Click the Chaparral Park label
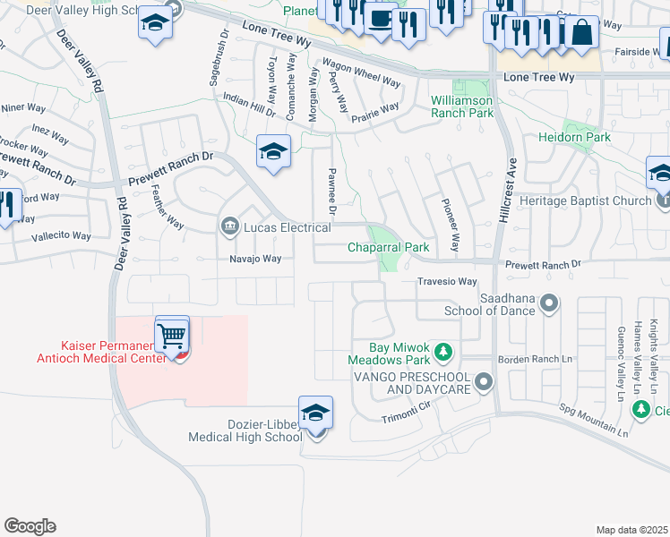coord(389,247)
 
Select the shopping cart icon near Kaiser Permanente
coord(172,337)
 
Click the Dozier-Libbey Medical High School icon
coord(315,413)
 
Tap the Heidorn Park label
coord(574,138)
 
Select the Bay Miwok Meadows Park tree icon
coord(443,349)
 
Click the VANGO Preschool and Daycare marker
coord(485,383)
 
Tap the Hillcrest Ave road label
coord(514,178)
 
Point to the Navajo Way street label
coord(252,259)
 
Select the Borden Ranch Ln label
coord(535,358)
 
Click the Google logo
coord(30,526)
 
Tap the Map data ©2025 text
coord(631,530)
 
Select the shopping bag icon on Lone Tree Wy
coord(580,33)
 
